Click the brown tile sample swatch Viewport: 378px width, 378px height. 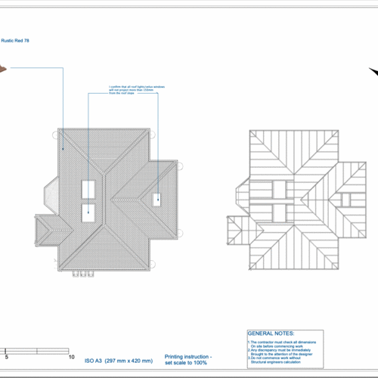point(2,70)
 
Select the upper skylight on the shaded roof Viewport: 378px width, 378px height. point(89,189)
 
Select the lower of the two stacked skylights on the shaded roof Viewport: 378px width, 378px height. point(89,212)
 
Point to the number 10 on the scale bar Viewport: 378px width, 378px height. point(71,357)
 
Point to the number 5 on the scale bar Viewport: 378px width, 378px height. point(7,357)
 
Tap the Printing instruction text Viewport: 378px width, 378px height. point(189,358)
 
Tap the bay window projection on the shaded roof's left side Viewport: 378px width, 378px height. point(51,194)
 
